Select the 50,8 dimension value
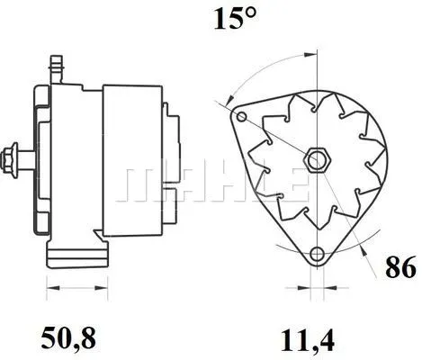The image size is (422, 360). tap(70, 337)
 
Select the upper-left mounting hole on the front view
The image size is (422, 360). tap(240, 116)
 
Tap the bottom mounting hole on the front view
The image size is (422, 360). tap(315, 255)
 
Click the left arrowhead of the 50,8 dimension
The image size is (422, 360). tap(49, 288)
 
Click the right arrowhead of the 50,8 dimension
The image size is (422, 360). tap(94, 288)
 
